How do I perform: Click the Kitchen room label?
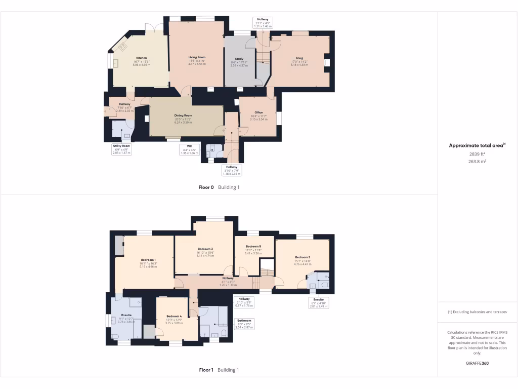pos(141,58)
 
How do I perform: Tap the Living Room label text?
pos(197,57)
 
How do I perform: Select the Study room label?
pos(239,59)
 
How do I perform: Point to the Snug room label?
pos(299,58)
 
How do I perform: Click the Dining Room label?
pos(184,115)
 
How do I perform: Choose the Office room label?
pos(258,112)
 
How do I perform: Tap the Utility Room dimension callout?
pos(121,149)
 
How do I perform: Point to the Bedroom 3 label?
pos(205,249)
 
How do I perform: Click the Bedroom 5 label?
pos(253,246)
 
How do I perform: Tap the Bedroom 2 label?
pos(303,257)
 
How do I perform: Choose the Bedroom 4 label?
pos(174,316)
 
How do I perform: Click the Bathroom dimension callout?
pos(244,324)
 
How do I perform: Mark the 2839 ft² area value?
pos(477,154)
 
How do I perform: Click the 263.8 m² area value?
pos(477,162)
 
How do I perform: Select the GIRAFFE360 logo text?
pos(477,363)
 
